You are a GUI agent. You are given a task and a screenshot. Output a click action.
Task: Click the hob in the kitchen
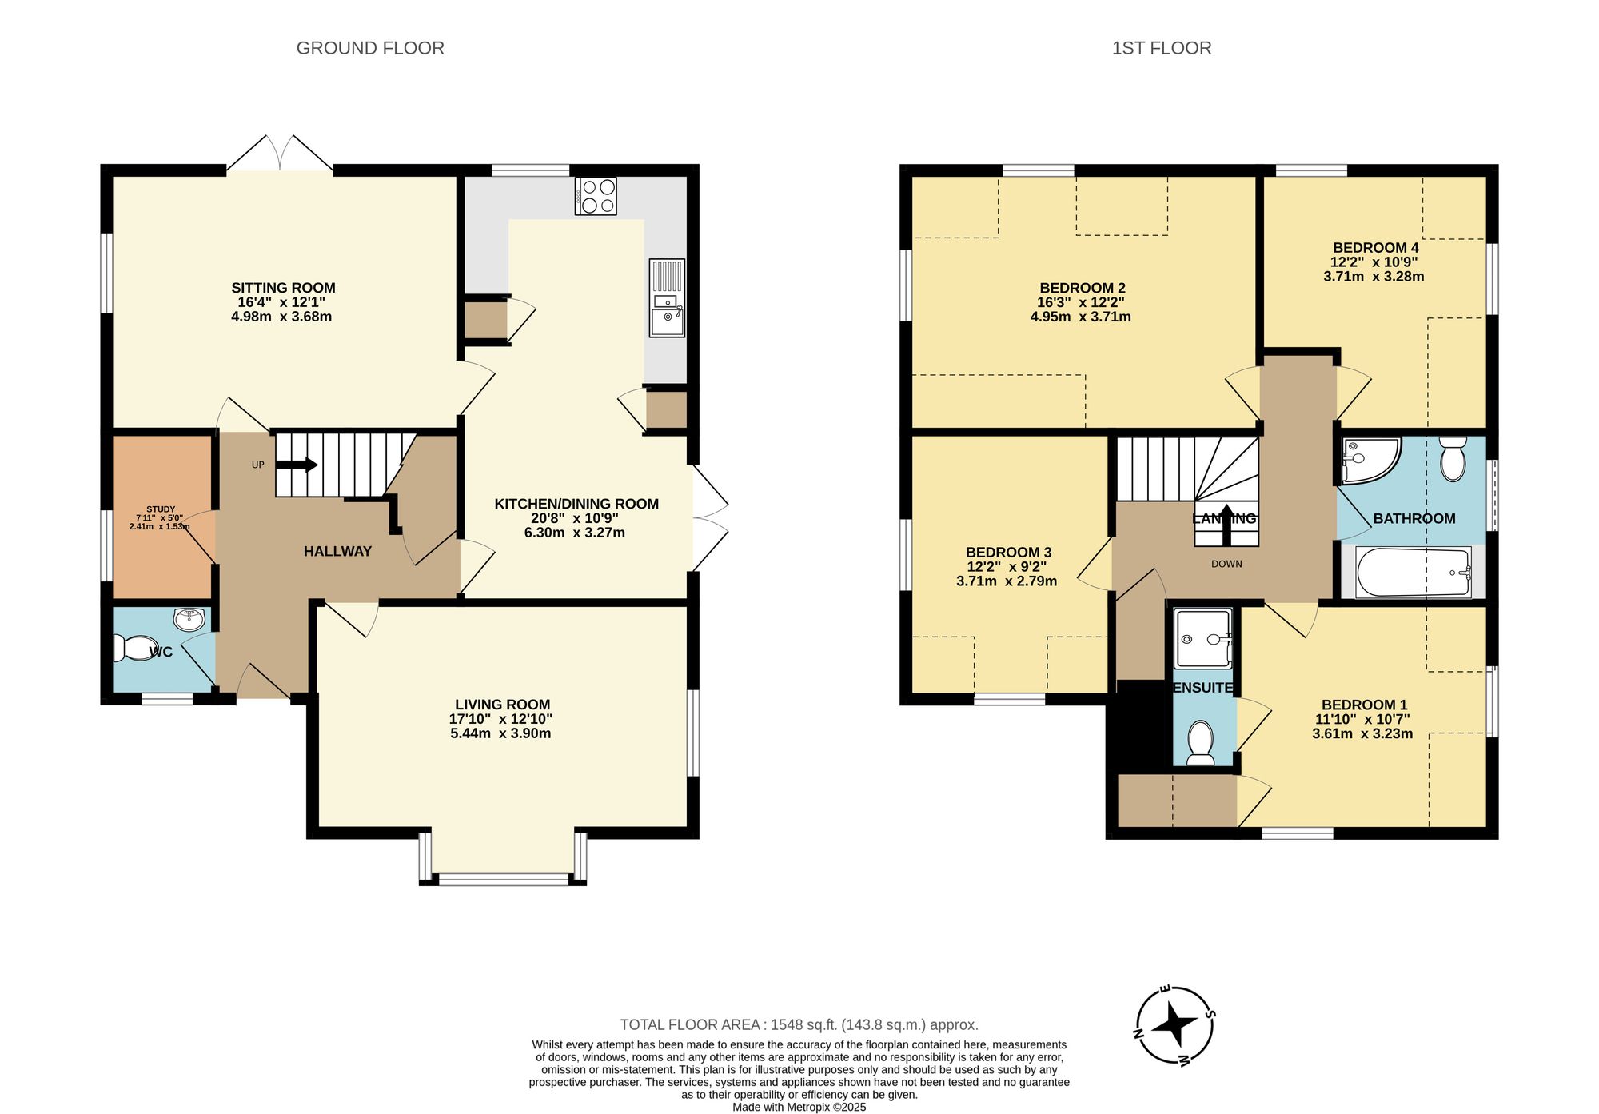point(596,196)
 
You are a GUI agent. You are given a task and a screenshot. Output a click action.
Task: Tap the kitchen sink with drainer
point(667,297)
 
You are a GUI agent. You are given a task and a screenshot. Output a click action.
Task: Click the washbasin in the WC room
point(189,618)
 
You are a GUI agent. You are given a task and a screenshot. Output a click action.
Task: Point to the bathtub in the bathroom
point(1414,572)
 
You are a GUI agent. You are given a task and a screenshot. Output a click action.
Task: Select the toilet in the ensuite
point(1201,742)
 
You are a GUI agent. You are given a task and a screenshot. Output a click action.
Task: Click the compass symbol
point(1175,1025)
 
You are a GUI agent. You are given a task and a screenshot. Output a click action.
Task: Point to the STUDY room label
point(161,509)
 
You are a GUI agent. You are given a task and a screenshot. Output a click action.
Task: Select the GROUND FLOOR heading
point(370,48)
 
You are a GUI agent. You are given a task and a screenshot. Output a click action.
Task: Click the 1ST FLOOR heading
point(1161,48)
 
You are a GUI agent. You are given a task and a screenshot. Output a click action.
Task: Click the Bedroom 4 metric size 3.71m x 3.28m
point(1374,277)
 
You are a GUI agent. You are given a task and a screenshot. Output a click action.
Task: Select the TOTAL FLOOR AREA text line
point(799,1024)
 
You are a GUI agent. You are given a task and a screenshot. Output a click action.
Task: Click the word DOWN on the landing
point(1226,564)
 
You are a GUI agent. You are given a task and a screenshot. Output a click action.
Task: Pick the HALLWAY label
point(337,551)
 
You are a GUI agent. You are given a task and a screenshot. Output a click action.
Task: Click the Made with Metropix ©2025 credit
point(799,1107)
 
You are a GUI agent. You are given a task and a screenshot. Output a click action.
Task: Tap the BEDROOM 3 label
point(1008,552)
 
